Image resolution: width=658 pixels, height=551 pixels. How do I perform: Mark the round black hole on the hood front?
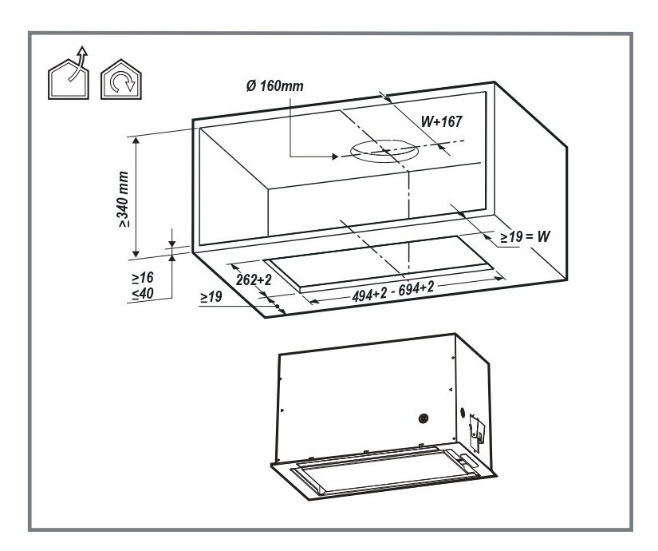tap(423, 418)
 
